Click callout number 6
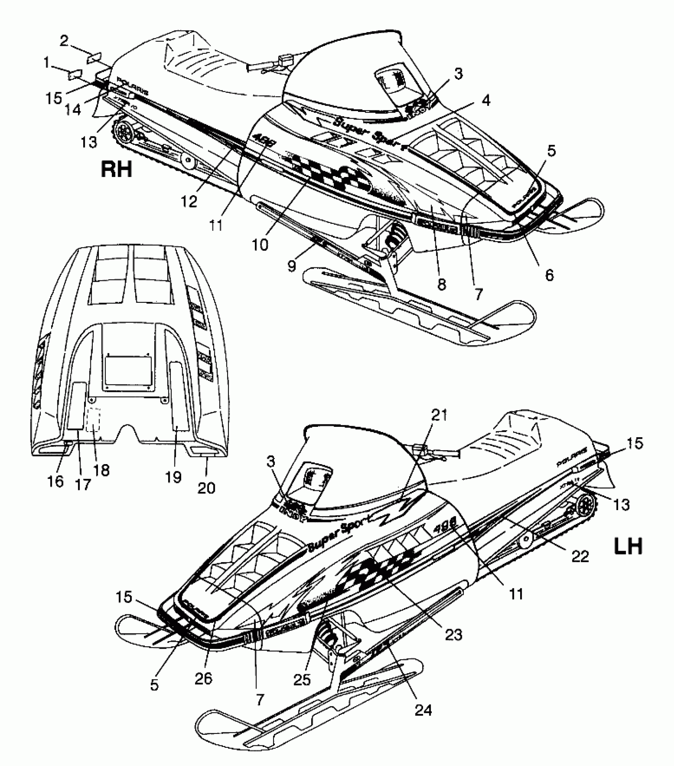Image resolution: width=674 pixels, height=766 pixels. tap(549, 275)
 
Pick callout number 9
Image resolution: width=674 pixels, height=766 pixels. tap(292, 266)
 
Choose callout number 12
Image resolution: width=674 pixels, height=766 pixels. tap(190, 201)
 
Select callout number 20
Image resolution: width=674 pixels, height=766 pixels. tap(207, 487)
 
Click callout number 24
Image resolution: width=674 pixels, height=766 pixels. tap(423, 709)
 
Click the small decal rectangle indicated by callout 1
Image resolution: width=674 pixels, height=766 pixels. tap(75, 74)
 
